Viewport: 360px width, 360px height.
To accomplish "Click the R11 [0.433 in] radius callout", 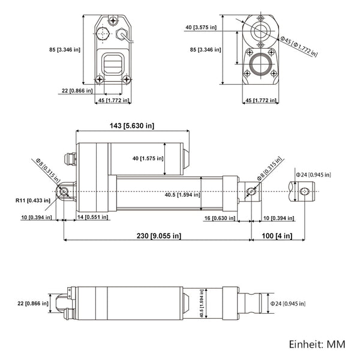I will [x=32, y=201].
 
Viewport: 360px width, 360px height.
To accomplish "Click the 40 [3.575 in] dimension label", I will [x=202, y=27].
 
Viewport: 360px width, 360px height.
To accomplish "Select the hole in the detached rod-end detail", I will [x=304, y=191].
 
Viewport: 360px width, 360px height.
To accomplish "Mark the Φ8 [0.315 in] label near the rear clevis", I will [x=49, y=169].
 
